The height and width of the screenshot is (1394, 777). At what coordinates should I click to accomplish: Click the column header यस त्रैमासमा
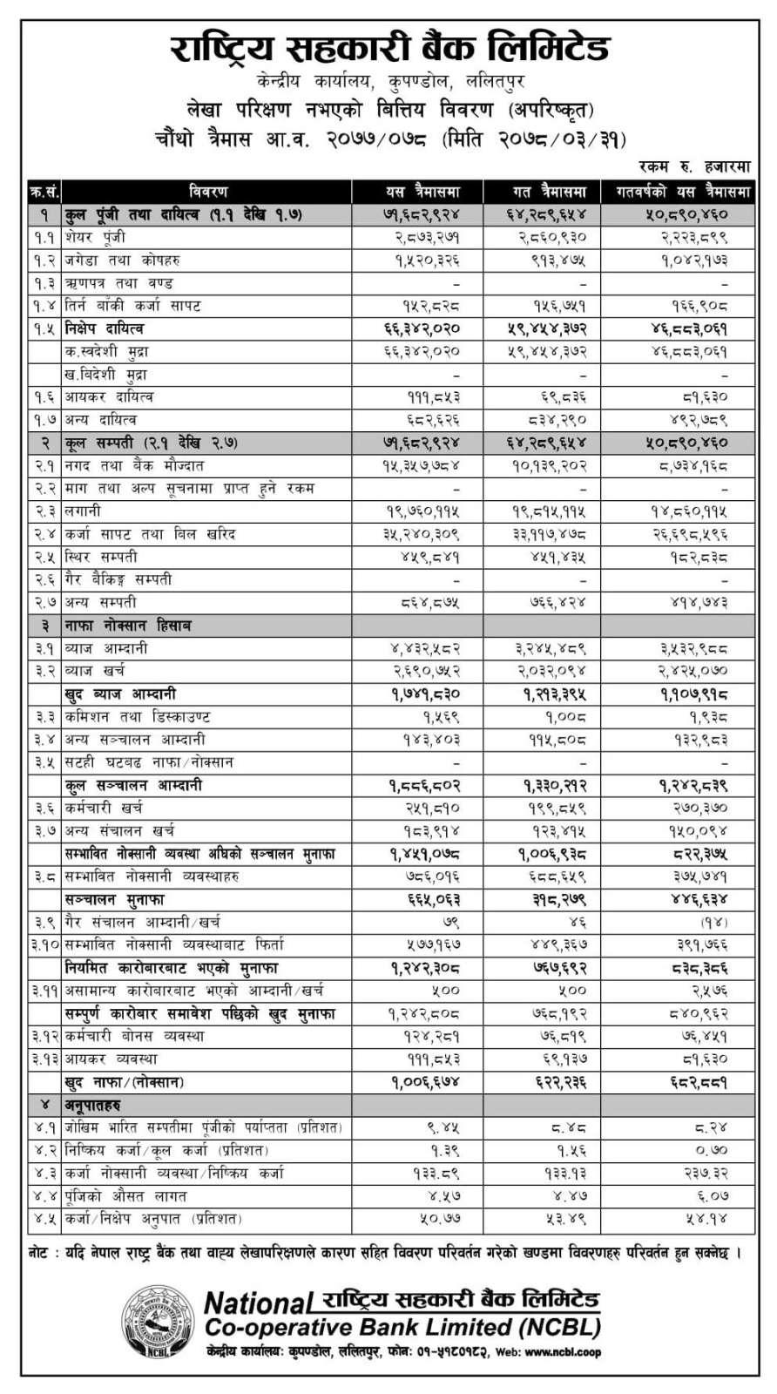tap(423, 191)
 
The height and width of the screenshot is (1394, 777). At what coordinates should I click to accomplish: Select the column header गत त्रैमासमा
tap(549, 191)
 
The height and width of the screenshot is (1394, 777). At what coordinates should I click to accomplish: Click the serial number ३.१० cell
tap(44, 944)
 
